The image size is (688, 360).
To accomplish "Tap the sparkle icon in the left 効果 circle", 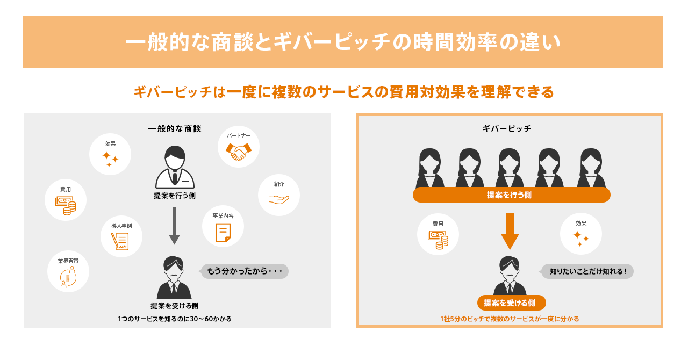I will (x=110, y=159).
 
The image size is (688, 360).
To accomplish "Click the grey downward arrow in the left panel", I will (x=174, y=226).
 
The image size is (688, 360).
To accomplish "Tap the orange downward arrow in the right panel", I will (x=510, y=231).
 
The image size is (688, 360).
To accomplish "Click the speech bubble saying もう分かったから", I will (x=245, y=271).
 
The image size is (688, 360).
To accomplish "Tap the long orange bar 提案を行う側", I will (x=511, y=195).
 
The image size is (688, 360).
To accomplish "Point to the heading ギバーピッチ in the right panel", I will (x=507, y=129).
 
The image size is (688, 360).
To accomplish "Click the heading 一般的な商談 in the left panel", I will (x=175, y=129).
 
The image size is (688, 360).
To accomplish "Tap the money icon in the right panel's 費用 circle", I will (x=438, y=239).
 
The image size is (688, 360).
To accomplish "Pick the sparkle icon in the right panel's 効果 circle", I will (x=580, y=239).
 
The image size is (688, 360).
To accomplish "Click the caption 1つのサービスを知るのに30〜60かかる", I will (x=175, y=319).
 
